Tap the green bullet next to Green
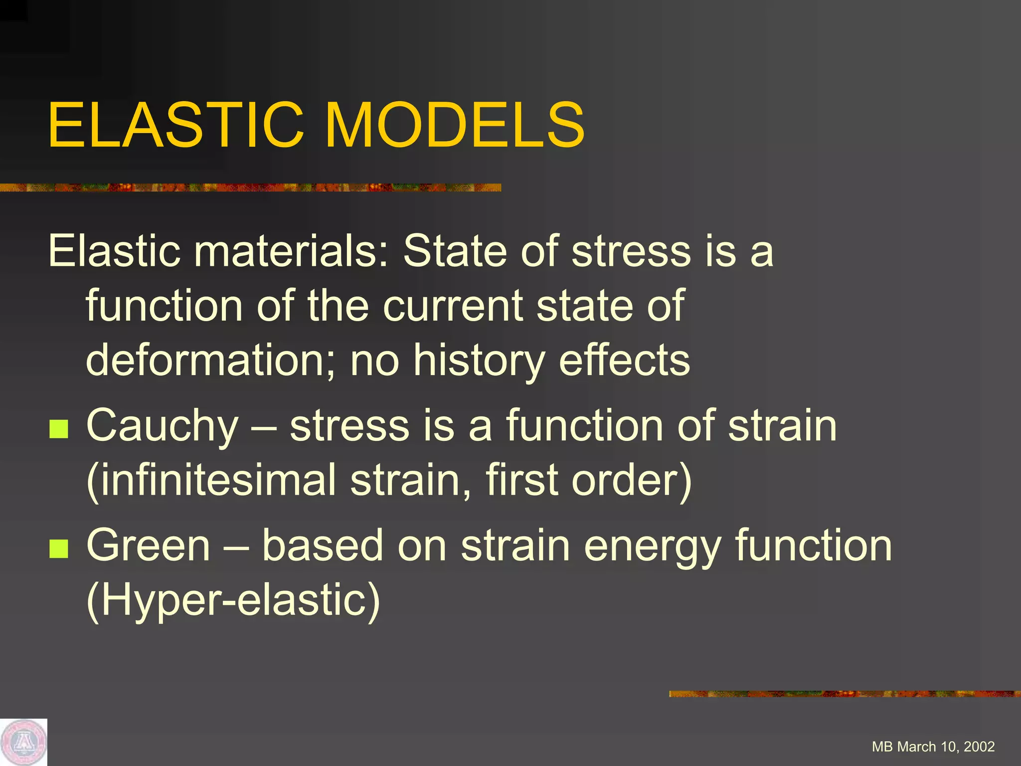point(59,549)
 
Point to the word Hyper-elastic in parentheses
point(233,600)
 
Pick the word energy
point(653,547)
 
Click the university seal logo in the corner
point(23,742)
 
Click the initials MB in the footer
point(882,747)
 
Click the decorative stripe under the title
point(249,188)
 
